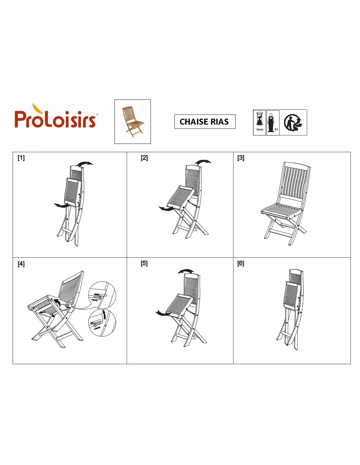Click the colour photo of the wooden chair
(133, 122)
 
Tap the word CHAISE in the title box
(194, 122)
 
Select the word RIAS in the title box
(220, 122)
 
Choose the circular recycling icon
(293, 122)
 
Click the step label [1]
(21, 158)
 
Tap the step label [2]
(144, 158)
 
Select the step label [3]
(241, 158)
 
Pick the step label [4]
(21, 264)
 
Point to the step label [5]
(144, 263)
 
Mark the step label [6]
(241, 263)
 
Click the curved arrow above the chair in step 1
(85, 163)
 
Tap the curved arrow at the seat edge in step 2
(166, 209)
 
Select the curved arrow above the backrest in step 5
(186, 271)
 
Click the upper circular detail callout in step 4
(102, 295)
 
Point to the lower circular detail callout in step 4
(102, 322)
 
